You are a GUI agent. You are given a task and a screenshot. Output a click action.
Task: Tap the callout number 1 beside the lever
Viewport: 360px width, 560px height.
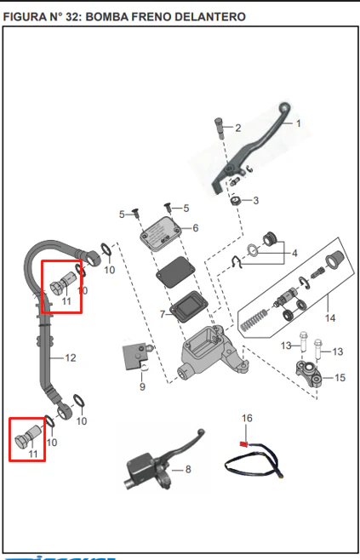(298, 123)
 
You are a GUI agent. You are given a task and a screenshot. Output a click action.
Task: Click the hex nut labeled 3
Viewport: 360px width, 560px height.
(235, 201)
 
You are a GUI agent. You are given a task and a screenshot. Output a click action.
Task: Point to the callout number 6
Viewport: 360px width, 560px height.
(196, 228)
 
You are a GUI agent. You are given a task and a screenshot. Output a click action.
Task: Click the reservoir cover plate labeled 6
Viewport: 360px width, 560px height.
(162, 232)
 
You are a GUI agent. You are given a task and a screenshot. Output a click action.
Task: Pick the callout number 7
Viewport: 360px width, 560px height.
(163, 314)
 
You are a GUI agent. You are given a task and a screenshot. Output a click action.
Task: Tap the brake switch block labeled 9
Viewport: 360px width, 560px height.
(135, 357)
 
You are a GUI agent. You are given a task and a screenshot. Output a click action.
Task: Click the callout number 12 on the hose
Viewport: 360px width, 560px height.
(71, 357)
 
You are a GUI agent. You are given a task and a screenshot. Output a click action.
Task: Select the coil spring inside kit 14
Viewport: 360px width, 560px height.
(254, 319)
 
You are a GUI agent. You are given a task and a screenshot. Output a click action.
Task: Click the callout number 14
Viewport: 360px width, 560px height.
(330, 317)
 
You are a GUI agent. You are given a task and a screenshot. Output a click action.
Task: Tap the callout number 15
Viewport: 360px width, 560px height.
(340, 378)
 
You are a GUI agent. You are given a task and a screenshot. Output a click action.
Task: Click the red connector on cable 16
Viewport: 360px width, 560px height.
(243, 444)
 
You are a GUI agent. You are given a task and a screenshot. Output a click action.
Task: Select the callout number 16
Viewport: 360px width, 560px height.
(247, 418)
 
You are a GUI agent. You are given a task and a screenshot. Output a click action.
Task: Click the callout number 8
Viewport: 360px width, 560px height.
(188, 469)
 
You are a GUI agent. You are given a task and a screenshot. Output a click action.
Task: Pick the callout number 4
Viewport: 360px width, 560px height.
(294, 254)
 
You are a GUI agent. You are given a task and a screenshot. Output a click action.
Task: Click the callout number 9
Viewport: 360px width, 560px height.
(142, 386)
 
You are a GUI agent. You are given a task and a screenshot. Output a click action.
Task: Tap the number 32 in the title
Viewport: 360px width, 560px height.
(73, 17)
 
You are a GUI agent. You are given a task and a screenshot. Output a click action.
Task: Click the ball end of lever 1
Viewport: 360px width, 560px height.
(284, 107)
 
